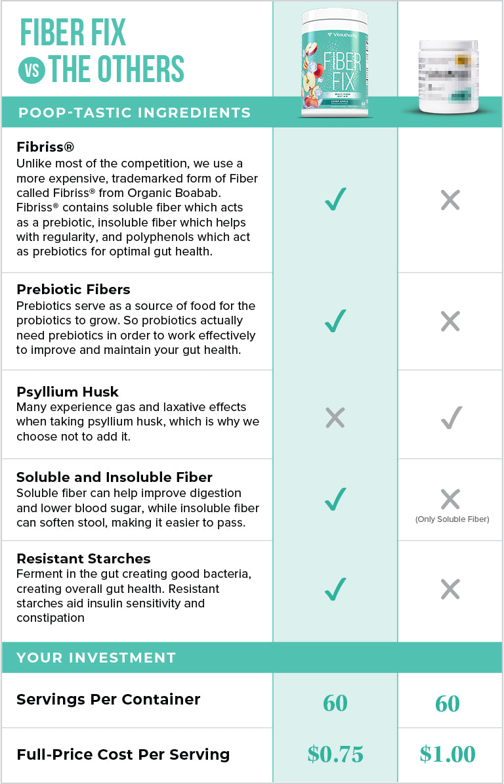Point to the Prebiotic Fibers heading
coord(73,290)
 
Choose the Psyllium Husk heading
coord(68,392)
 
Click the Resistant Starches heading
coord(83,559)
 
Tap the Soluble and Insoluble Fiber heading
coord(114,477)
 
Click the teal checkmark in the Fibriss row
coord(335,199)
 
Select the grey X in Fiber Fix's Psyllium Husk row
coord(335,418)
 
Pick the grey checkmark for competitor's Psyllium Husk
coord(451,417)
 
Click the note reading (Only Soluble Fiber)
coord(451,519)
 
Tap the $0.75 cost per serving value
coord(335,754)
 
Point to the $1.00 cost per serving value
coord(448,754)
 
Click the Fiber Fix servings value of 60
coord(335,703)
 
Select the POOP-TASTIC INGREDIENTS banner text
coord(135,112)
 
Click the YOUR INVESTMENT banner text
coord(96,657)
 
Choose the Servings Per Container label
coord(108,699)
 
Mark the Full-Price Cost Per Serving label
coord(123,754)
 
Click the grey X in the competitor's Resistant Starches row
coord(450,590)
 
